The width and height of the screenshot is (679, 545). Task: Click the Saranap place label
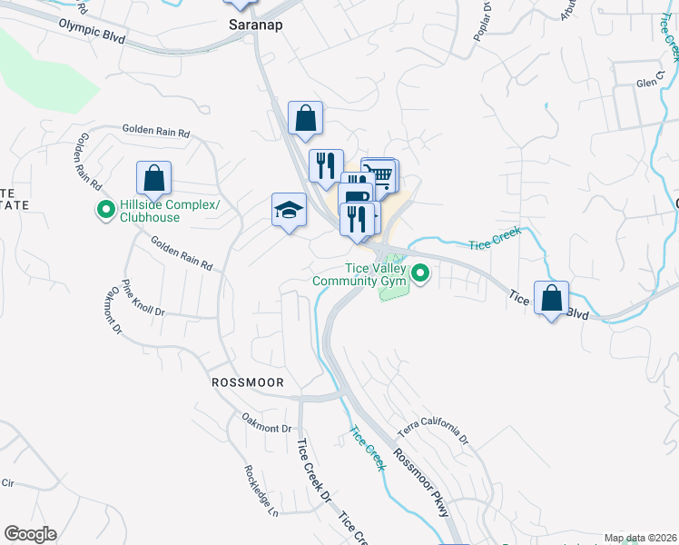pyautogui.click(x=255, y=25)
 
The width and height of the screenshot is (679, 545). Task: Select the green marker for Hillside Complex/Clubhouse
pyautogui.click(x=106, y=212)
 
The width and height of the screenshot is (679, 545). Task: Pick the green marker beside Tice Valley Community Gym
pyautogui.click(x=420, y=272)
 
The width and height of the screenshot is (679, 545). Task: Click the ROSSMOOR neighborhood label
pyautogui.click(x=248, y=382)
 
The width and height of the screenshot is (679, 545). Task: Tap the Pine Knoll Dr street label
pyautogui.click(x=145, y=298)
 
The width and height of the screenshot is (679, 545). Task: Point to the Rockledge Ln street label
pyautogui.click(x=259, y=488)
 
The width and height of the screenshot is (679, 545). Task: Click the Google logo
pyautogui.click(x=30, y=534)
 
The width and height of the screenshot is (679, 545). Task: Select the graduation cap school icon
pyautogui.click(x=289, y=210)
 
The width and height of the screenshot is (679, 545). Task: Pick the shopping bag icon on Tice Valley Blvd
pyautogui.click(x=551, y=297)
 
